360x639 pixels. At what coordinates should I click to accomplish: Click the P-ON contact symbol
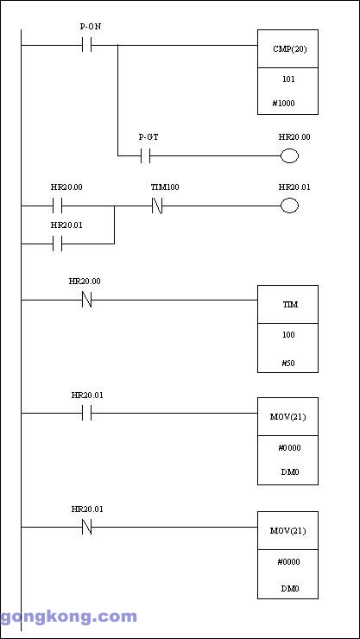86,45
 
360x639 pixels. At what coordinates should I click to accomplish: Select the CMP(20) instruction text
289,49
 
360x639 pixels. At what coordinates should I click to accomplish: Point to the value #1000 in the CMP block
283,104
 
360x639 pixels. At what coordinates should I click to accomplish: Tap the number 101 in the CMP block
288,79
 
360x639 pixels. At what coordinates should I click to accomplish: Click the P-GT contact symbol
145,155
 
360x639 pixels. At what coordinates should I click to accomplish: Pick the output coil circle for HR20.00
289,155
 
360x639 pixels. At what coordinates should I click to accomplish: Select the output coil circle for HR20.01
289,206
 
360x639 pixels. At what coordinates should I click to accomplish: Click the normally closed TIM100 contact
157,206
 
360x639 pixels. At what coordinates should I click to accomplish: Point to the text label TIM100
165,187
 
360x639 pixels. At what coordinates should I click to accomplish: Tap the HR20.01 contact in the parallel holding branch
58,244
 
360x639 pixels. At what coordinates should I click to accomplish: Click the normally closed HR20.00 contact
86,300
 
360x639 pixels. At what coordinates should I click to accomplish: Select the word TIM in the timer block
290,305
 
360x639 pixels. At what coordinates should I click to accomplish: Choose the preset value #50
288,363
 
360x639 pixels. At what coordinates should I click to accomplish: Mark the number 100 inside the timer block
288,334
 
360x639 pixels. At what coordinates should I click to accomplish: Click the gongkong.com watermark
68,617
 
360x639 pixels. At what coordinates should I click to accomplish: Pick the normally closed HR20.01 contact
86,527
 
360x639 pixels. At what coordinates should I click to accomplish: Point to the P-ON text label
91,27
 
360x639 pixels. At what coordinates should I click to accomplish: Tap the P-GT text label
148,137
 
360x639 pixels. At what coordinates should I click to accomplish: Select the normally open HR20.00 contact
58,206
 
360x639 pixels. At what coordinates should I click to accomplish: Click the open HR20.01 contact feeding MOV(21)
86,413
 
